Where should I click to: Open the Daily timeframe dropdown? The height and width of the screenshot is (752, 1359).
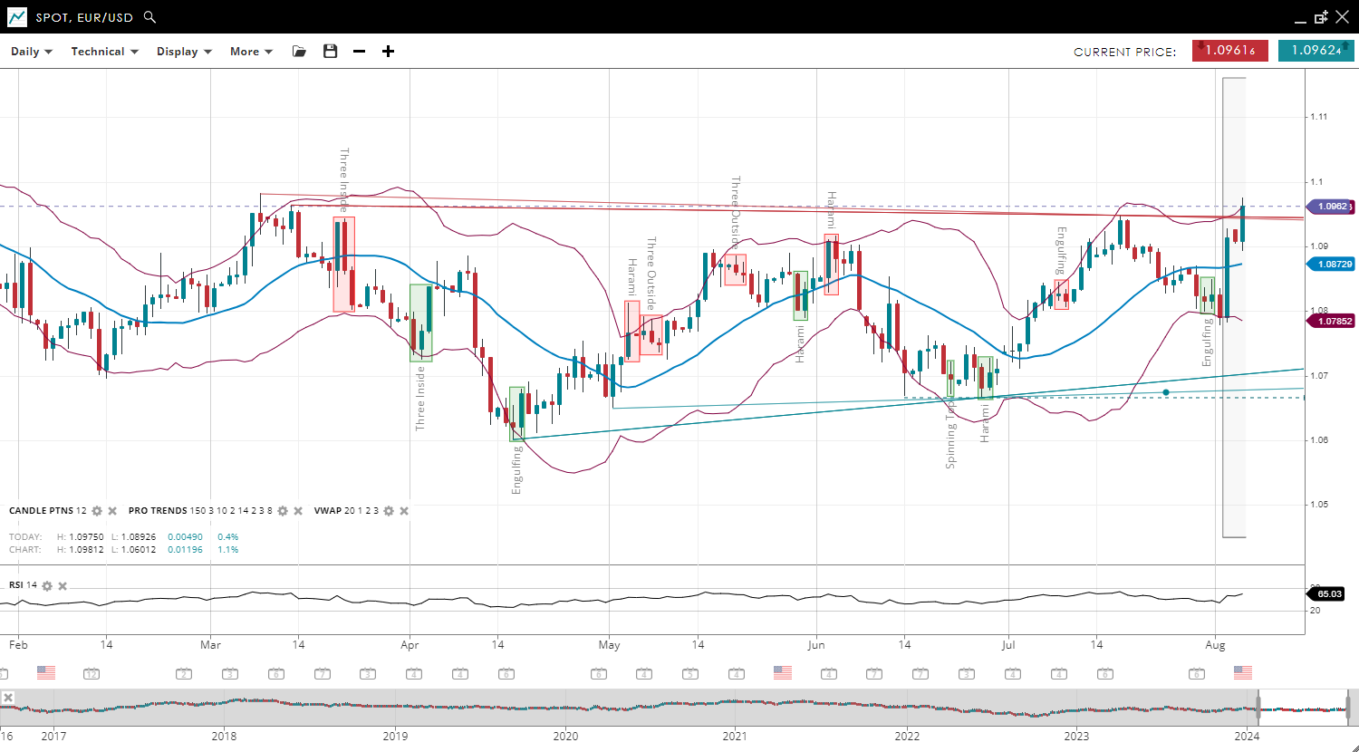click(x=32, y=52)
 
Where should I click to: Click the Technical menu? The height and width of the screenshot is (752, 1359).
click(x=104, y=52)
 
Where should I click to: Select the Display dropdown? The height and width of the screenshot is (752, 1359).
click(x=184, y=52)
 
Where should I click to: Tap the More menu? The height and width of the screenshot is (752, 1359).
click(x=251, y=52)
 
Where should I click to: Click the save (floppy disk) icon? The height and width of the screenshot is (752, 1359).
click(x=330, y=52)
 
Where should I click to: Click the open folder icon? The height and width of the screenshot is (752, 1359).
click(x=299, y=52)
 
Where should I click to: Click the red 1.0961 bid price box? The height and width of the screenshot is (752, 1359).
click(x=1229, y=51)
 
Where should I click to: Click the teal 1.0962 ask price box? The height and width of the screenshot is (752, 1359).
click(x=1316, y=51)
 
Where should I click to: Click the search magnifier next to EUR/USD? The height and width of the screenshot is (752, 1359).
click(x=150, y=17)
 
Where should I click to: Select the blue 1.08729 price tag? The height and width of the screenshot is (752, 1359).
click(x=1330, y=264)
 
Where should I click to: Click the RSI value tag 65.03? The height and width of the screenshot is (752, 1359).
click(x=1329, y=594)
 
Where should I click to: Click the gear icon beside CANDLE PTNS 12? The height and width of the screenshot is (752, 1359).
click(x=97, y=511)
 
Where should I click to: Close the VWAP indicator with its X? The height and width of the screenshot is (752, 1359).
click(x=404, y=511)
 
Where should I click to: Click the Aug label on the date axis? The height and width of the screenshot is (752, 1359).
click(x=1215, y=645)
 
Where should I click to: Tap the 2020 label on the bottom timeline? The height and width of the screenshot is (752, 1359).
click(x=565, y=736)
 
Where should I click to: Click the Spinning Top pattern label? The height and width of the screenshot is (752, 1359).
click(x=950, y=435)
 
